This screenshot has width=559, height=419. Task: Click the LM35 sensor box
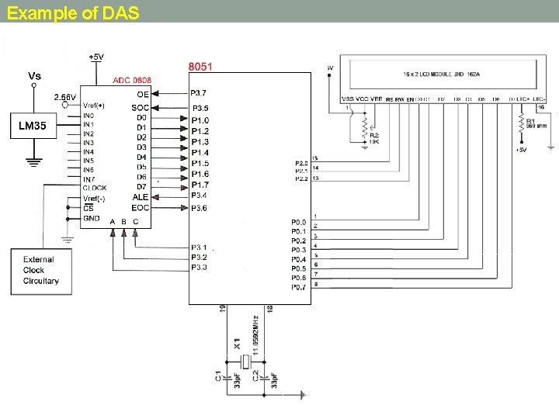pyautogui.click(x=33, y=127)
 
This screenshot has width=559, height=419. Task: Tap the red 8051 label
pyautogui.click(x=204, y=66)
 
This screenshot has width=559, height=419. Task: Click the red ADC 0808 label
pyautogui.click(x=132, y=81)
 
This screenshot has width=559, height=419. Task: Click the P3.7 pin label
pyautogui.click(x=200, y=93)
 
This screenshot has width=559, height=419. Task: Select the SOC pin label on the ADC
pyautogui.click(x=140, y=107)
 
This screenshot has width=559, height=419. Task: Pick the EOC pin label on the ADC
pyautogui.click(x=140, y=207)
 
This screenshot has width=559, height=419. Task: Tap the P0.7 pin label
pyautogui.click(x=299, y=286)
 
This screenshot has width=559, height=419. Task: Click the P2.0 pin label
pyautogui.click(x=301, y=163)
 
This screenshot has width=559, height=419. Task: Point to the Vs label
pyautogui.click(x=35, y=75)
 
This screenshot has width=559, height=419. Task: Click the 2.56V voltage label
pyautogui.click(x=65, y=97)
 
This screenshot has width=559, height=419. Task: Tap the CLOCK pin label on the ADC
pyautogui.click(x=95, y=188)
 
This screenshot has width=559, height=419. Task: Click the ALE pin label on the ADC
pyautogui.click(x=140, y=197)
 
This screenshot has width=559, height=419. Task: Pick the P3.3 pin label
pyautogui.click(x=199, y=267)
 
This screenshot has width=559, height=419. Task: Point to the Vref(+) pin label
pyautogui.click(x=94, y=106)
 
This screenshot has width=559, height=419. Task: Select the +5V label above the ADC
pyautogui.click(x=97, y=57)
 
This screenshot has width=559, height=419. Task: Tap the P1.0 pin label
pyautogui.click(x=200, y=120)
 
